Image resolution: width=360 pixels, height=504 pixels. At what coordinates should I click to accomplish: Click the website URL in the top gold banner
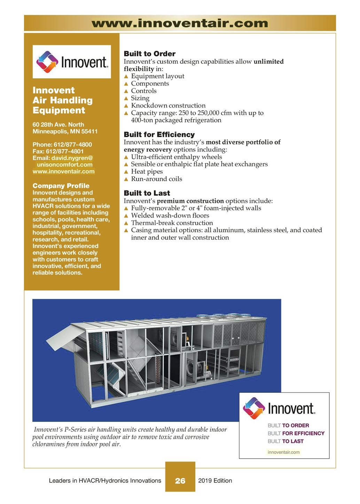click(180, 23)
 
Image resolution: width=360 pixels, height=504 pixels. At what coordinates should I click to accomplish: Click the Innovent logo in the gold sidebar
click(72, 62)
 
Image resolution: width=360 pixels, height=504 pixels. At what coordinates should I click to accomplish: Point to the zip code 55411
click(89, 132)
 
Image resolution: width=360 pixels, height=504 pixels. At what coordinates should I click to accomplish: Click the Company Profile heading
click(61, 186)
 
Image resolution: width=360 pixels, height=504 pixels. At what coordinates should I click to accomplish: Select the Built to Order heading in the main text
click(149, 54)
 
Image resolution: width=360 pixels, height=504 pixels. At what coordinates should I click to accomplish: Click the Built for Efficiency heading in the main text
click(159, 135)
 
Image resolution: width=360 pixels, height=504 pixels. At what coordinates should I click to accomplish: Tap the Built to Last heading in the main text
click(147, 193)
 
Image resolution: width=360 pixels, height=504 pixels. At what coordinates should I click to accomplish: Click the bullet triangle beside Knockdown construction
click(126, 106)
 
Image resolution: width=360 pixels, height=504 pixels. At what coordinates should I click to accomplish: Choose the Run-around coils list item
click(156, 179)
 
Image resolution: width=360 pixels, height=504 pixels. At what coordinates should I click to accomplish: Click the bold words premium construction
click(190, 201)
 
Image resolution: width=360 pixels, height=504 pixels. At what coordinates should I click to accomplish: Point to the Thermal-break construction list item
click(172, 223)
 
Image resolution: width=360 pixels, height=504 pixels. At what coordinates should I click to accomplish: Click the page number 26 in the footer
click(180, 481)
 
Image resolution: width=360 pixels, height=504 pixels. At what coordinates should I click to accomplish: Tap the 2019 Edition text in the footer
click(215, 481)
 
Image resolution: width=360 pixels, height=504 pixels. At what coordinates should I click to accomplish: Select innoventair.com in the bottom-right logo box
click(283, 452)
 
